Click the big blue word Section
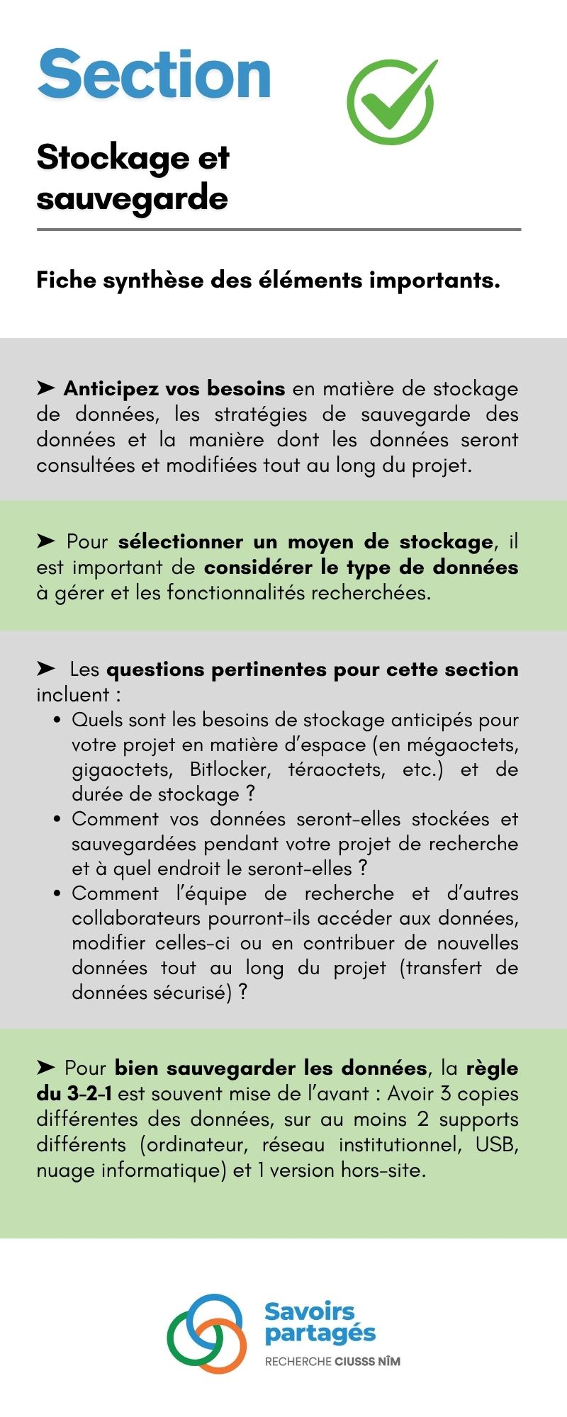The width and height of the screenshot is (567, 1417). coord(155,74)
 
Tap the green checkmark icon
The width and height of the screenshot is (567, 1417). coord(391,101)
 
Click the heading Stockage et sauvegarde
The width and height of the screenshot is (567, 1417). coord(133,177)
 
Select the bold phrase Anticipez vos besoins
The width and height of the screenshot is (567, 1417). coord(174,389)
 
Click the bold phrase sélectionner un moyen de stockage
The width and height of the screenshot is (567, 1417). coord(305,542)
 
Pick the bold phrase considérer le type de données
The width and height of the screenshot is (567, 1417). coord(361,568)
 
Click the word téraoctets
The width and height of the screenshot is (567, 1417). coord(337,769)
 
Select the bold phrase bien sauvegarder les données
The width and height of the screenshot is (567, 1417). coord(271,1068)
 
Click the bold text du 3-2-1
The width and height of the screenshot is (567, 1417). coord(74,1094)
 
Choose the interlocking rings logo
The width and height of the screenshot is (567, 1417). coord(207,1333)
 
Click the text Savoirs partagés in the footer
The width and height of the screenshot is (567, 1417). coord(320,1322)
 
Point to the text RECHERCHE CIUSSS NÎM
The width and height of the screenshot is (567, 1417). coord(332,1361)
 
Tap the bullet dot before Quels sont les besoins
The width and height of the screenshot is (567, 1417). coord(57,721)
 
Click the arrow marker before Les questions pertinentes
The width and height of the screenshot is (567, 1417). coord(46,669)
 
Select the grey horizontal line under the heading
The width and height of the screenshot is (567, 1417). coord(279,230)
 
